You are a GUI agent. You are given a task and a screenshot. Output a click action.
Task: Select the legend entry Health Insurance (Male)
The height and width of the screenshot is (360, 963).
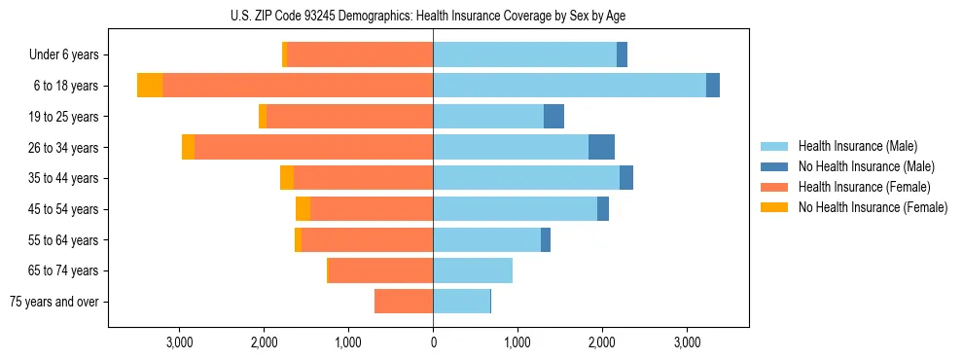click(x=857, y=146)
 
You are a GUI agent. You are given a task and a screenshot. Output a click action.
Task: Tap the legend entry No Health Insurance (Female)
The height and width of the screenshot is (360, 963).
click(x=873, y=207)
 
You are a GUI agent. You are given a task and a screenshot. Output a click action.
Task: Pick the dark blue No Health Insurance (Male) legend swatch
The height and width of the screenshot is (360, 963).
click(x=775, y=166)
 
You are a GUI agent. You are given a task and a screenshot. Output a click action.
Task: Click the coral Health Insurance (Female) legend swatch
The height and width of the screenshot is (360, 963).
click(x=775, y=187)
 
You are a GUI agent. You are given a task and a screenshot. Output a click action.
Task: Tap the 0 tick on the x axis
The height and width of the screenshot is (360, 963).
click(x=433, y=342)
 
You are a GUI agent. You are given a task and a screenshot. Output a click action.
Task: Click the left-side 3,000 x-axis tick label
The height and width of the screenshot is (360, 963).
click(x=179, y=342)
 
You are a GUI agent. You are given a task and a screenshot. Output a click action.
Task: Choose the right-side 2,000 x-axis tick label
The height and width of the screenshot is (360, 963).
click(x=602, y=342)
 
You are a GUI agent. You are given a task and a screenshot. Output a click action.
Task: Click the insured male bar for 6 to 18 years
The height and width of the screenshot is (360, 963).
click(x=569, y=86)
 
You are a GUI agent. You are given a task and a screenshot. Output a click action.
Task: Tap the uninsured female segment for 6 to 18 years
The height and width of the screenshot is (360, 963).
click(x=150, y=86)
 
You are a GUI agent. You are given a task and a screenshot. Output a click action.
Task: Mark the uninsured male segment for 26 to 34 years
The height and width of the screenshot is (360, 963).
click(x=601, y=147)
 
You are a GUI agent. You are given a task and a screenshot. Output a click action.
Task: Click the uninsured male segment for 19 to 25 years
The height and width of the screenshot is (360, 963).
click(x=553, y=117)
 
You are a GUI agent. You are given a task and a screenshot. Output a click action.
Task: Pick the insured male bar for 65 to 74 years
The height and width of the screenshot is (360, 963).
click(x=473, y=270)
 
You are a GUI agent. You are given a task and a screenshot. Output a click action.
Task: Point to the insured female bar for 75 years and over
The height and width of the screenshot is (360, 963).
click(x=404, y=302)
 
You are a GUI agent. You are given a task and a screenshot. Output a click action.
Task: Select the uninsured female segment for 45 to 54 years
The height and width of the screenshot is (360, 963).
click(x=303, y=209)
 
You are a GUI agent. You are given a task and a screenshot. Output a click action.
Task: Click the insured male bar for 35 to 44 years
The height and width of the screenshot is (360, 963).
click(x=526, y=178)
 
